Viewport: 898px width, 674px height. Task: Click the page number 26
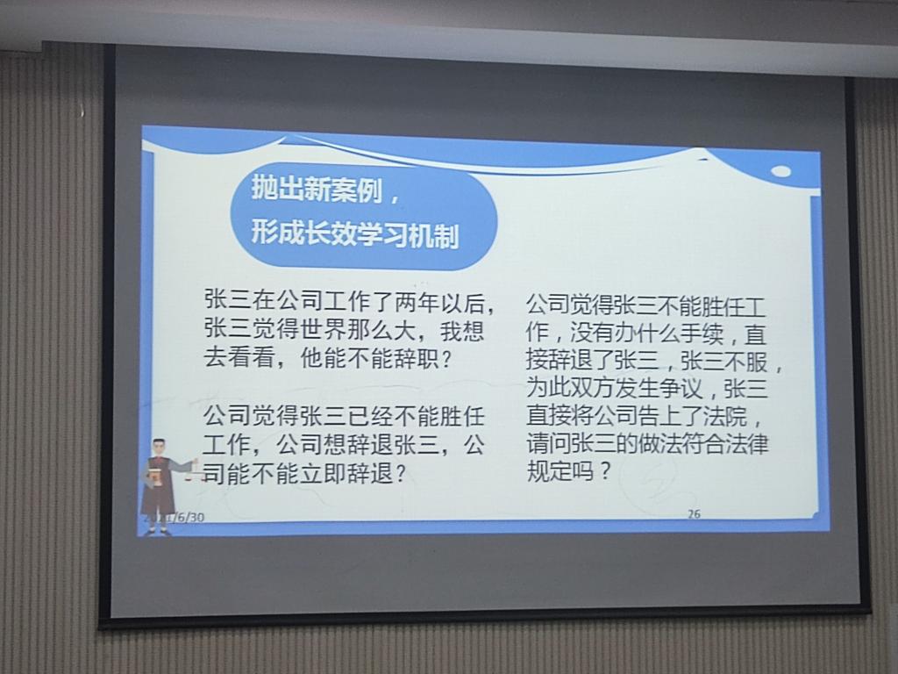click(694, 514)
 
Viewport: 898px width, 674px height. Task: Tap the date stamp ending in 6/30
click(174, 517)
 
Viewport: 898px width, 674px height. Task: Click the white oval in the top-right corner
click(780, 171)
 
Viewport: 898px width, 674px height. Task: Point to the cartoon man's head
click(160, 448)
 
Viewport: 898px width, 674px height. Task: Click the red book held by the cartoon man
click(155, 477)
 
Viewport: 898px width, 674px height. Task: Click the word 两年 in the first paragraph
click(417, 303)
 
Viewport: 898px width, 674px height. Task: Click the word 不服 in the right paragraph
click(745, 361)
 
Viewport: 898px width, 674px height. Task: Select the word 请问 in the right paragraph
click(548, 444)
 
